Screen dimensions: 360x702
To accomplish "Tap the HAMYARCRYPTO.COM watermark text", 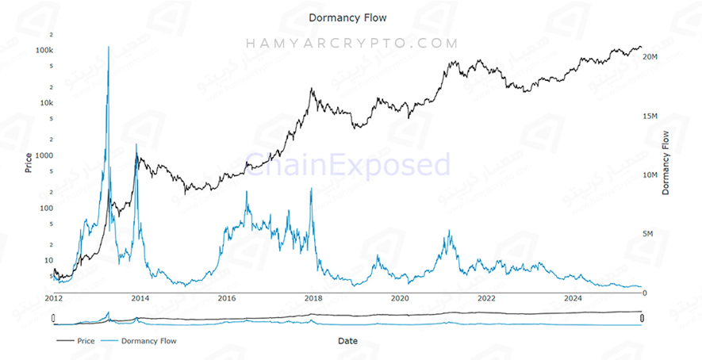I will [351, 44].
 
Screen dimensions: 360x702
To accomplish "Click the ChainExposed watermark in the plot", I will [348, 165].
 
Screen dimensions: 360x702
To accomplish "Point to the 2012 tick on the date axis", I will [53, 299].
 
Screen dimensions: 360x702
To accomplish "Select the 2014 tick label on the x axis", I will [140, 299].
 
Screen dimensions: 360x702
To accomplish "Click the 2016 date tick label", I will [227, 299].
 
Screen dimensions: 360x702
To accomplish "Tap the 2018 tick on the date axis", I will [313, 299].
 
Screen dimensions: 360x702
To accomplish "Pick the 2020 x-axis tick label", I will [400, 299].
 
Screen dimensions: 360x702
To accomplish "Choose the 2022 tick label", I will [486, 299].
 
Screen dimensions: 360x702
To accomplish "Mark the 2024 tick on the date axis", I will [573, 299].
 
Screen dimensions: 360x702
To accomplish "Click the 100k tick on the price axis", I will [44, 50].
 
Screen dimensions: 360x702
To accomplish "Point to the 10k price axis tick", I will [46, 103].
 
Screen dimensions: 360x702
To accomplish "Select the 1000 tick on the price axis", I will [44, 155].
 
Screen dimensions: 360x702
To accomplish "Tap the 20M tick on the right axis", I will [650, 58].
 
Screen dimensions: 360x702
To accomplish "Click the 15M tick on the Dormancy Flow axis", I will [650, 117].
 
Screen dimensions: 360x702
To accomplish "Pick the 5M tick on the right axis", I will [650, 234].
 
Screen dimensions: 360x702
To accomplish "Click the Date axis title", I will [347, 341].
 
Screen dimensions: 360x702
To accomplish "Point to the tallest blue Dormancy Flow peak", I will [108, 48].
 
